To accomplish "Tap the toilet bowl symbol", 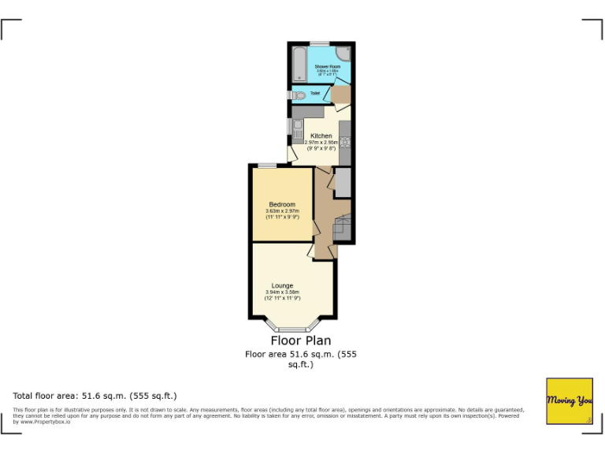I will pyautogui.click(x=299, y=95).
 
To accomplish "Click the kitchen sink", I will pyautogui.click(x=297, y=126).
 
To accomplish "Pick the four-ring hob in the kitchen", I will pyautogui.click(x=345, y=143).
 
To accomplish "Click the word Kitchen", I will pyautogui.click(x=321, y=136).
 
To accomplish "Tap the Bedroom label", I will pyautogui.click(x=282, y=204).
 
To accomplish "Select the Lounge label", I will pyautogui.click(x=282, y=285).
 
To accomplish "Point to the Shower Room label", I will pyautogui.click(x=327, y=66).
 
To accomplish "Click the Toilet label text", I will pyautogui.click(x=315, y=93).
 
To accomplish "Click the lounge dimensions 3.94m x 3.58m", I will pyautogui.click(x=282, y=292).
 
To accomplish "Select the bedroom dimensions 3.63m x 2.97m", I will pyautogui.click(x=282, y=210).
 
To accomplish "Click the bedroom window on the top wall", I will pyautogui.click(x=267, y=166).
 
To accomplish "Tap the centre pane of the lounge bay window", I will pyautogui.click(x=293, y=328).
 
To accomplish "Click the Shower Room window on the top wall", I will pyautogui.click(x=318, y=43).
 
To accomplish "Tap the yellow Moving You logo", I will pyautogui.click(x=570, y=401).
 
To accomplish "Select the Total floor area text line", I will pyautogui.click(x=95, y=395).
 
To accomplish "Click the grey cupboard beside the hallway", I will pyautogui.click(x=343, y=183).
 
